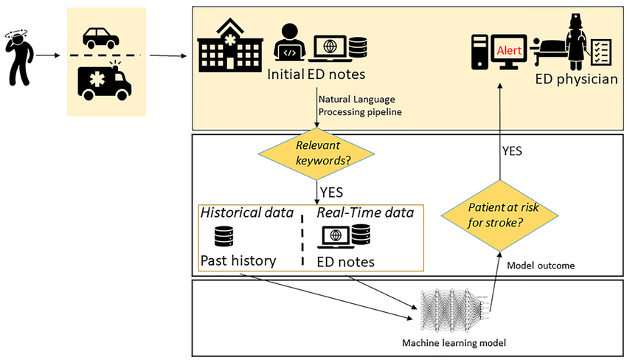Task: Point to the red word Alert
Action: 509,50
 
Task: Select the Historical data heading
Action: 243,212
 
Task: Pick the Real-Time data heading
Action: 364,212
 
